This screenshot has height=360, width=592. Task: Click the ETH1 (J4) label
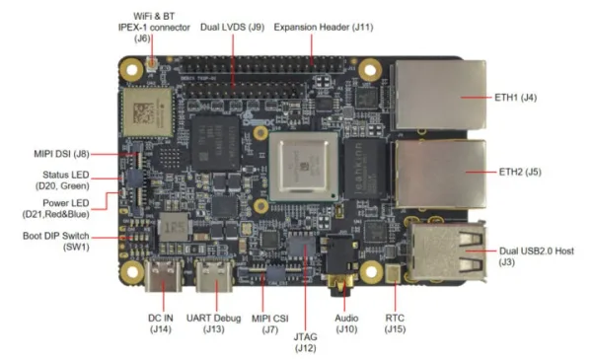tap(515, 98)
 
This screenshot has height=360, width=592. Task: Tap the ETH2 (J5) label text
tap(520, 172)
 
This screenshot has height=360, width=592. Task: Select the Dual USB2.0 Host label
tap(537, 256)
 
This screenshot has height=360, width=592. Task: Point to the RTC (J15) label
tap(395, 324)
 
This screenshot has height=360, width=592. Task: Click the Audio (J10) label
tap(346, 324)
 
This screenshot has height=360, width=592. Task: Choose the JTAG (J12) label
tap(305, 342)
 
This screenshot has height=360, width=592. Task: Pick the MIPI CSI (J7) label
tap(270, 324)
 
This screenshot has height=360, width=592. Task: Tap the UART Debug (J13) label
tap(213, 324)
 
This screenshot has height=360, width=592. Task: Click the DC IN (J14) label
tap(161, 324)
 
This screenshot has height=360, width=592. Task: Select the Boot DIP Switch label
tap(56, 242)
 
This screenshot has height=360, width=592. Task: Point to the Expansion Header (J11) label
tap(324, 28)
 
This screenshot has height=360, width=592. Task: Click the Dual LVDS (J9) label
tap(232, 28)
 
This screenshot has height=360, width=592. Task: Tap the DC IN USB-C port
tap(163, 276)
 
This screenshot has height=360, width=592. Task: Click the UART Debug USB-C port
tap(214, 276)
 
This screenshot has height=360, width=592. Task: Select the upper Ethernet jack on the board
tap(440, 95)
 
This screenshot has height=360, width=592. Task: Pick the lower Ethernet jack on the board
tap(440, 175)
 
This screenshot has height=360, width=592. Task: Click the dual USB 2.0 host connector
tap(447, 252)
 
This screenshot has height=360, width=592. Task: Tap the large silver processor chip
tap(304, 166)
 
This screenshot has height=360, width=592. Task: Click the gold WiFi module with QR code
tap(147, 112)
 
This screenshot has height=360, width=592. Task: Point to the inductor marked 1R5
tap(173, 227)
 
